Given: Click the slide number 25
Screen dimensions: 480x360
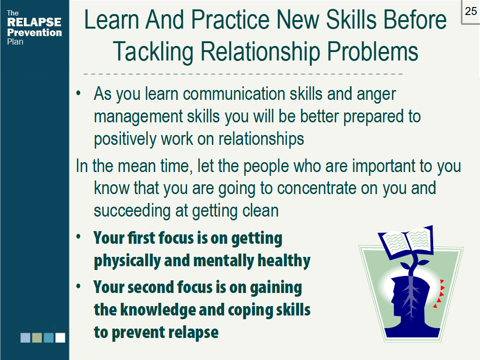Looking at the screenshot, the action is pos(471,11).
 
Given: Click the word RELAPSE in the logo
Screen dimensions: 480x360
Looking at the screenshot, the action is pos(34,22).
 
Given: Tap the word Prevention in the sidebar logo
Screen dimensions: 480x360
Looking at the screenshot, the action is pos(34,32).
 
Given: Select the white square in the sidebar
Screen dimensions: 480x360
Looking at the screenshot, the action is pos(60,337).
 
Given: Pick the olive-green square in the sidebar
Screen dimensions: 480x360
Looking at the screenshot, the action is pos(37,337).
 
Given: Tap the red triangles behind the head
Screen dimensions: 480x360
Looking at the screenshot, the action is pos(439,293).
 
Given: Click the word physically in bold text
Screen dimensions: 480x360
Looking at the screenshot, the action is pos(127,261).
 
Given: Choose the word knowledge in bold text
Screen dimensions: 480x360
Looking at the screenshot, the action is pos(157,310).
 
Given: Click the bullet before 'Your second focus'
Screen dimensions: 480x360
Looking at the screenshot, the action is pos(79,286).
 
